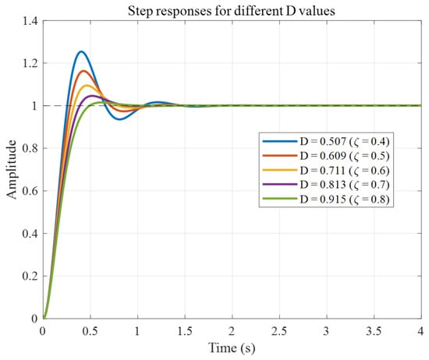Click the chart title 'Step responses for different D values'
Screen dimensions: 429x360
[232, 11]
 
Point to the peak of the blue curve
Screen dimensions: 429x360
[81, 51]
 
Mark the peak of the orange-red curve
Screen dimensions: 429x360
[83, 71]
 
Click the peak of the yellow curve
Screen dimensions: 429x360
[87, 86]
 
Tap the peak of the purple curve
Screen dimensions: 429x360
[91, 96]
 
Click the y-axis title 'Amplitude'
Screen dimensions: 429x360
[11, 169]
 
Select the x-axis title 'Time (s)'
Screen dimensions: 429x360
[232, 348]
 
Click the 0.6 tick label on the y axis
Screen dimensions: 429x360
[30, 191]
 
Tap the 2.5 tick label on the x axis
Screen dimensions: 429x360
[279, 331]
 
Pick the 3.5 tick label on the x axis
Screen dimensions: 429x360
[374, 331]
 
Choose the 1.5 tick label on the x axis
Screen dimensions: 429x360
[185, 331]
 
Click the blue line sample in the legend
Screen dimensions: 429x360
[279, 141]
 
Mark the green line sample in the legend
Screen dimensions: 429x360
[279, 199]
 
